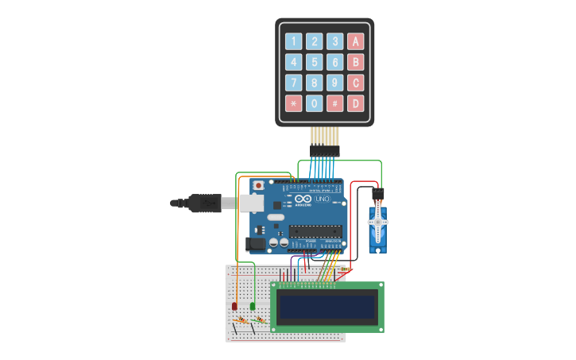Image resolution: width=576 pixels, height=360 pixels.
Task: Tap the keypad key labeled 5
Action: (315, 62)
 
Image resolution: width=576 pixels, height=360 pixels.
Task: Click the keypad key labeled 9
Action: (335, 83)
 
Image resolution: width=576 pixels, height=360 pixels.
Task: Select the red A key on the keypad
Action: (356, 41)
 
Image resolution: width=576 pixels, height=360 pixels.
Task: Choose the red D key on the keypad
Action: (356, 103)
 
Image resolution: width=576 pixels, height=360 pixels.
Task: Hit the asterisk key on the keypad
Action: (294, 103)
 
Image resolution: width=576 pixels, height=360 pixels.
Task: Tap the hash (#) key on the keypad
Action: (335, 103)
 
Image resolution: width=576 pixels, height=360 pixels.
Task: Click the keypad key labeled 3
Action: (335, 41)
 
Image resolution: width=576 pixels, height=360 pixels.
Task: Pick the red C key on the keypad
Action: (356, 83)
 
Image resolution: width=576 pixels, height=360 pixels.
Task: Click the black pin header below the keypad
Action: (325, 150)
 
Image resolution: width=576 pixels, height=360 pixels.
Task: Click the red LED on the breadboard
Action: (234, 306)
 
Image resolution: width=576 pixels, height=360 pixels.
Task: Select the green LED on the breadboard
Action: (253, 306)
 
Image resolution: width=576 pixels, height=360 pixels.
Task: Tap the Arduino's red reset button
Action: (258, 186)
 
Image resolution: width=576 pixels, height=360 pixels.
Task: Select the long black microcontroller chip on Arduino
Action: (315, 231)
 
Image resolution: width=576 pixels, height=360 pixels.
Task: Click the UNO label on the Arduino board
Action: (322, 199)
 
